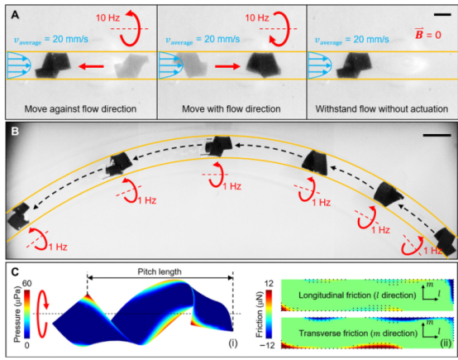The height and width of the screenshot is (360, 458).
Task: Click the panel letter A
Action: click(15, 15)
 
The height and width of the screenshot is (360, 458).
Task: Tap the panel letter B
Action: click(15, 132)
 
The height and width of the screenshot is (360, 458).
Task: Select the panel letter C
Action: click(15, 272)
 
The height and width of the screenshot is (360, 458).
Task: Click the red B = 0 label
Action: click(428, 34)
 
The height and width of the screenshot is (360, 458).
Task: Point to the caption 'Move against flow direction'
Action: click(80, 109)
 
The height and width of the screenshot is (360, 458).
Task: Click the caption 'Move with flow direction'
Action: click(231, 109)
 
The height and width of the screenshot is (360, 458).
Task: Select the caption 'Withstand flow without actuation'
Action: click(382, 109)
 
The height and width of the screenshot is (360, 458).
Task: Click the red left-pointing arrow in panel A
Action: click(91, 67)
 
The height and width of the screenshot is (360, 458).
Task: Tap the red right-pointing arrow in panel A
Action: click(227, 67)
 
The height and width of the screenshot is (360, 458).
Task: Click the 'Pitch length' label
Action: click(160, 271)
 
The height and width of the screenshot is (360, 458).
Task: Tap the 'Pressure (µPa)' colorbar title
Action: click(18, 315)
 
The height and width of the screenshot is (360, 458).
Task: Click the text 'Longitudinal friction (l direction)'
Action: click(357, 295)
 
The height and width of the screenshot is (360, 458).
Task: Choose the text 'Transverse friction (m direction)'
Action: click(358, 334)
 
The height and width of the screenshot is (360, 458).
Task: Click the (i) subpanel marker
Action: click(233, 343)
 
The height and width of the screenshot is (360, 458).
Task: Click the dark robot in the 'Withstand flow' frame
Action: click(354, 65)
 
